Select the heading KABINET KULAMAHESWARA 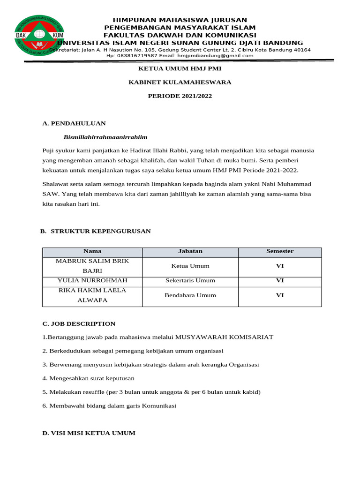click(x=180, y=82)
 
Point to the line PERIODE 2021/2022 click(x=180, y=96)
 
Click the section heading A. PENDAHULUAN click(x=74, y=123)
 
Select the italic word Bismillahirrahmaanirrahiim click(x=105, y=137)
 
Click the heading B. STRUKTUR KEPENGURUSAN click(x=95, y=231)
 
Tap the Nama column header click(x=92, y=251)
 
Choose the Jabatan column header click(x=190, y=251)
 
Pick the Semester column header click(x=280, y=251)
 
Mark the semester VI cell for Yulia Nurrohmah click(x=280, y=280)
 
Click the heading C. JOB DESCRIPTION click(x=79, y=324)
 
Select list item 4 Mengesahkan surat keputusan click(x=88, y=378)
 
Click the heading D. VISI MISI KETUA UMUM click(x=89, y=433)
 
